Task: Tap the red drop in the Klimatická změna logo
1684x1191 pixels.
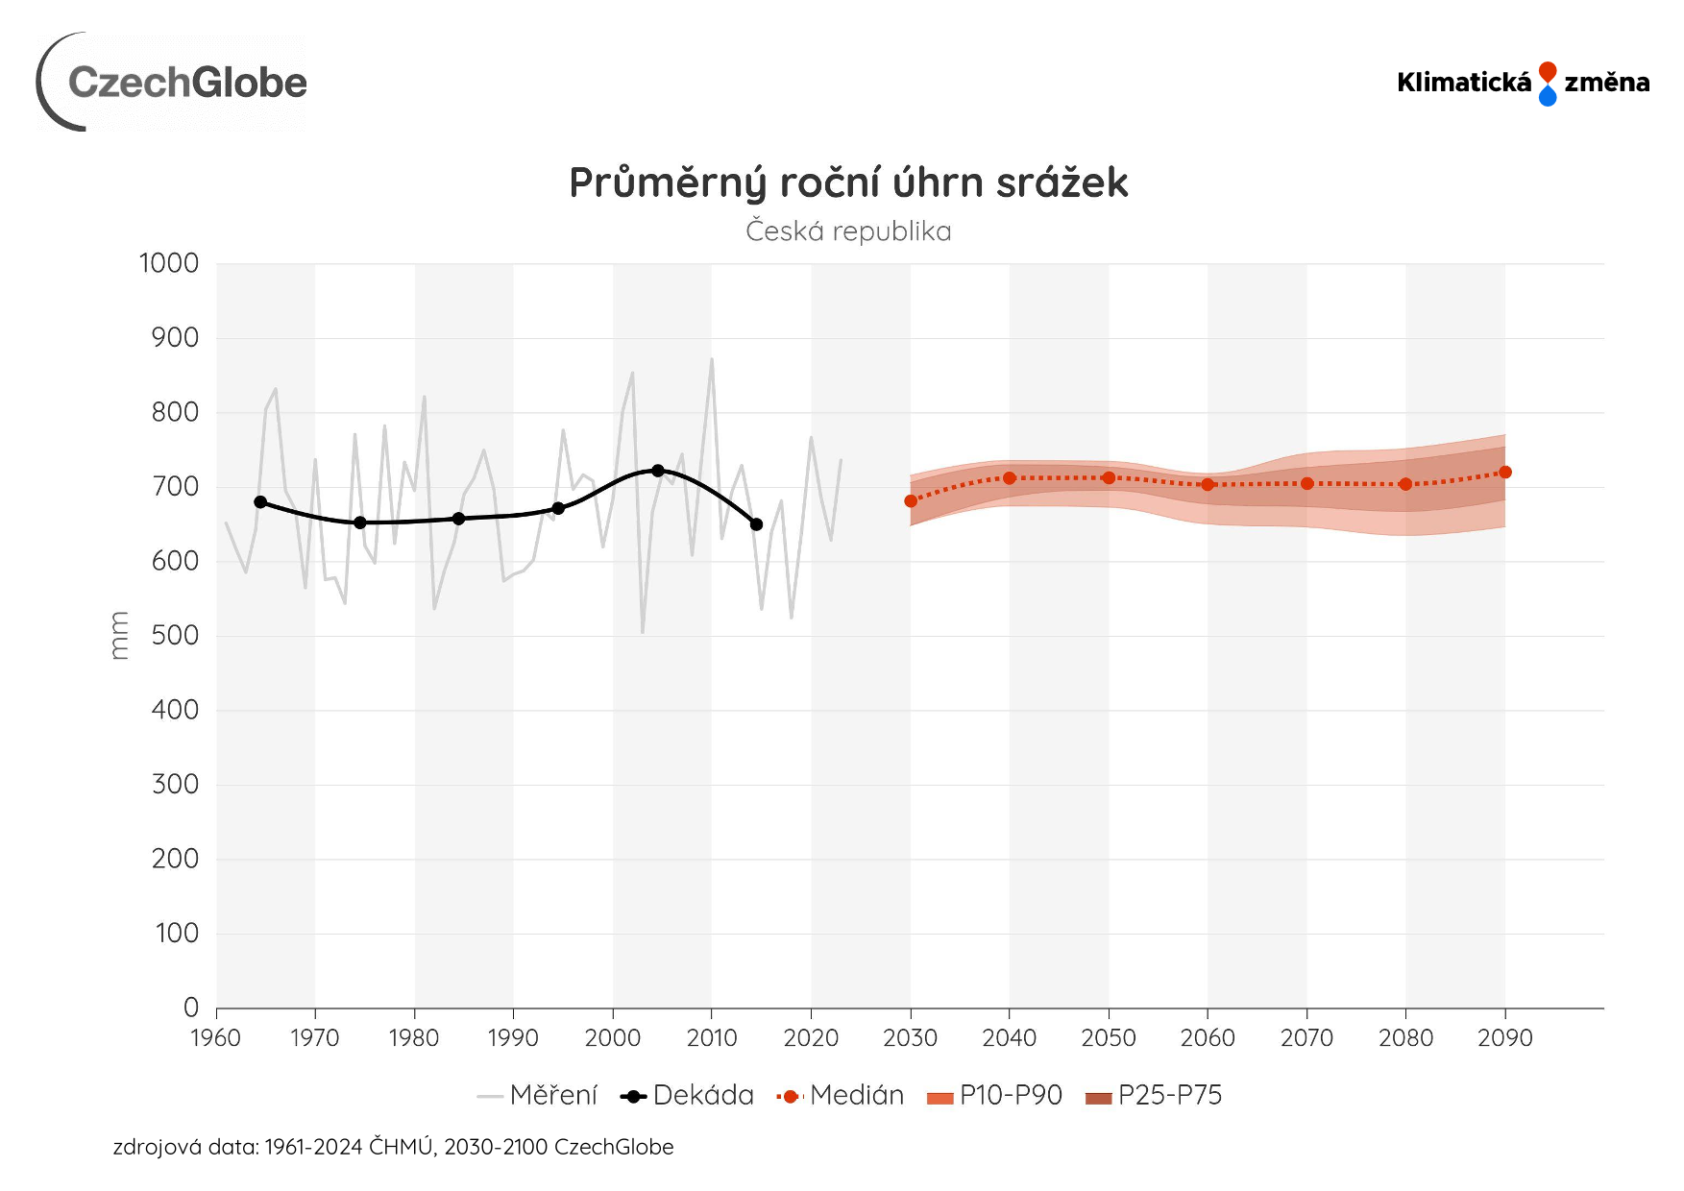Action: [x=1547, y=72]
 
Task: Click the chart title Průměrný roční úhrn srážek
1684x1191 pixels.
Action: [x=848, y=182]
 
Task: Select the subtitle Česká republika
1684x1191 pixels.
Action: [x=848, y=231]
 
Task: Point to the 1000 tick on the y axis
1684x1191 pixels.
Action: [x=169, y=263]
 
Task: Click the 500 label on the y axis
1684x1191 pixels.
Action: [x=175, y=636]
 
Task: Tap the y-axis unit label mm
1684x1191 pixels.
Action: [x=119, y=636]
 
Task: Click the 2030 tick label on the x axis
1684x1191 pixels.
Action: [x=910, y=1038]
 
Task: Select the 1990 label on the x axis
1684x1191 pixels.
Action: [x=513, y=1038]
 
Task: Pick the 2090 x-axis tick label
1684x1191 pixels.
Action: [x=1504, y=1038]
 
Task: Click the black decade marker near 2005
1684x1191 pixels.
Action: [x=658, y=471]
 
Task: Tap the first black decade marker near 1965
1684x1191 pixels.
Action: [x=260, y=502]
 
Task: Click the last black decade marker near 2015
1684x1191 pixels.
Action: [x=756, y=524]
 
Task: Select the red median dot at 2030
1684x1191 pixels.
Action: [x=911, y=501]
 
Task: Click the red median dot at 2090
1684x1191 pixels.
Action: [x=1505, y=473]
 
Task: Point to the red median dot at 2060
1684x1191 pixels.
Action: [x=1208, y=485]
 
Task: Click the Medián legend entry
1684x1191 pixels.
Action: [x=841, y=1096]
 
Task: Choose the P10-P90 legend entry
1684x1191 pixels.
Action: [x=995, y=1096]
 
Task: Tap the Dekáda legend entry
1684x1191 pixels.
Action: [x=688, y=1096]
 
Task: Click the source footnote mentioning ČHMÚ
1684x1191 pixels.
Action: [x=393, y=1147]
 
